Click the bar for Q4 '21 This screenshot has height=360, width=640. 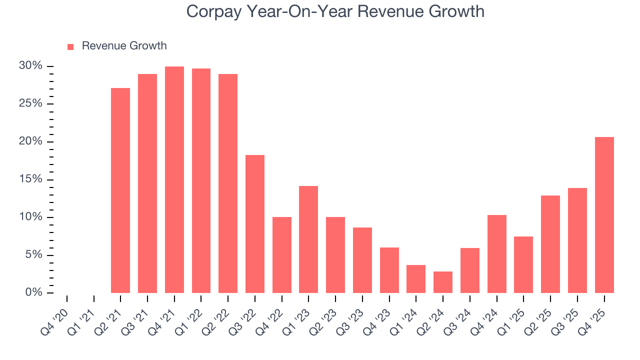pyautogui.click(x=174, y=179)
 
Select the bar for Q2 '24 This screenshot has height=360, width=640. pyautogui.click(x=443, y=282)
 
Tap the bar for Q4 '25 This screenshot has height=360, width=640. pyautogui.click(x=604, y=215)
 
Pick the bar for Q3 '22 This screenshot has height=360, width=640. pyautogui.click(x=255, y=224)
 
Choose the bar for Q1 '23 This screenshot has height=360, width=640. pyautogui.click(x=308, y=239)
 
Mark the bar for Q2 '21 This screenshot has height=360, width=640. pyautogui.click(x=120, y=190)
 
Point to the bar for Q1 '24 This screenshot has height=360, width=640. pyautogui.click(x=416, y=279)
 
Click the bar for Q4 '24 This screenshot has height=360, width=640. pyautogui.click(x=497, y=254)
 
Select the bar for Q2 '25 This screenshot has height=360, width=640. pyautogui.click(x=550, y=244)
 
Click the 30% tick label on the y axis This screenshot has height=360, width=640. pyautogui.click(x=30, y=66)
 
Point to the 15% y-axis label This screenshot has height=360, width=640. pyautogui.click(x=30, y=179)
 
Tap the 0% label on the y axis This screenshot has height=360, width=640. pyautogui.click(x=33, y=292)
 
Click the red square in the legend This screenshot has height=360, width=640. pyautogui.click(x=70, y=46)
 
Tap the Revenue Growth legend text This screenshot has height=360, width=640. pyautogui.click(x=124, y=46)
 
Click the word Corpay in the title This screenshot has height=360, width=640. pyautogui.click(x=213, y=11)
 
